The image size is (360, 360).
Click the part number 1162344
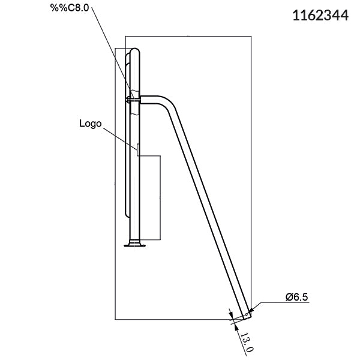(320, 15)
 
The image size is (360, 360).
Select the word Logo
(91, 124)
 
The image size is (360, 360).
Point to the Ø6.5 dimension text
(297, 296)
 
